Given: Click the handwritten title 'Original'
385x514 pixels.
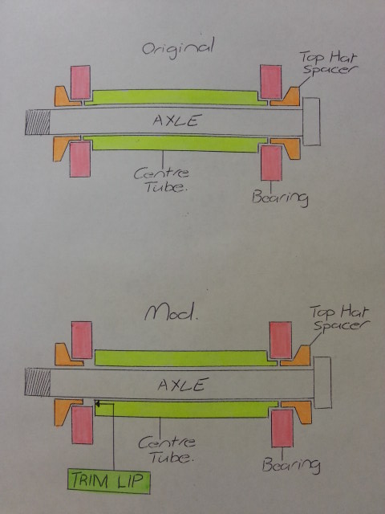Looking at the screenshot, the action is point(178,49).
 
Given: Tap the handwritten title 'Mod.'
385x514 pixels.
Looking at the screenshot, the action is point(172,312).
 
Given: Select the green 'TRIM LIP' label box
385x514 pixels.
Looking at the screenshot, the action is point(109,481).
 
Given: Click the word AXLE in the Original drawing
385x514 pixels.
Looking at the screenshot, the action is point(176,120).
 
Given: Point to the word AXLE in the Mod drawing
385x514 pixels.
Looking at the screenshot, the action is point(183,384).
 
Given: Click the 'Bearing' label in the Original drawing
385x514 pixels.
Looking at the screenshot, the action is point(280,198).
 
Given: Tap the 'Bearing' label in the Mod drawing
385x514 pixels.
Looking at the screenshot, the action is point(290,465).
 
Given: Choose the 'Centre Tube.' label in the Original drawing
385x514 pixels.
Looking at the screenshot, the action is point(162,180).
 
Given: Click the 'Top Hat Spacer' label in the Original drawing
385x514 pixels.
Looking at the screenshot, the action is point(328,63).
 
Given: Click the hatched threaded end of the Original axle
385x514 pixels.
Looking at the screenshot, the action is point(38,122).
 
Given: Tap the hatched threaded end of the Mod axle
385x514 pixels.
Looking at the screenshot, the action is point(38,382).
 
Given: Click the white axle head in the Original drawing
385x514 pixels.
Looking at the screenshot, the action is point(311,121).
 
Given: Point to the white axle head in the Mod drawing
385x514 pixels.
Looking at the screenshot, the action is point(322,382).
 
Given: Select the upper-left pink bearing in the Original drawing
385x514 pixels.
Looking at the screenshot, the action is point(80,82).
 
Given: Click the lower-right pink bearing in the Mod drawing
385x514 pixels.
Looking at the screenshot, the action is point(282,428).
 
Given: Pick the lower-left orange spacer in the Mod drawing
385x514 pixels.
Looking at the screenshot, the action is point(66,410).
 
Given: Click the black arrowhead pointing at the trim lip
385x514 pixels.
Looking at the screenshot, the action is point(97,404).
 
